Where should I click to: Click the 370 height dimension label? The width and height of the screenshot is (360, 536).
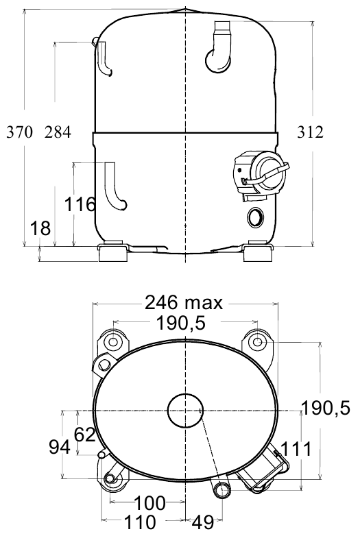(20, 132)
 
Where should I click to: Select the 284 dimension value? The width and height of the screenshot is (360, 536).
(58, 132)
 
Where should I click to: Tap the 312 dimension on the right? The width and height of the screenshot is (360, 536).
(310, 132)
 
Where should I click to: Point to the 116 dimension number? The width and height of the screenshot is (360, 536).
(80, 204)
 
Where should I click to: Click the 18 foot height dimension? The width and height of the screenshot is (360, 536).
(40, 228)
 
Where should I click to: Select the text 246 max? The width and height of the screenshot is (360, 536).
(184, 302)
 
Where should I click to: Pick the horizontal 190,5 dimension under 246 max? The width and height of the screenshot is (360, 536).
(181, 323)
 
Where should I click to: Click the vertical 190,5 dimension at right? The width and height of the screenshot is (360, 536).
(326, 408)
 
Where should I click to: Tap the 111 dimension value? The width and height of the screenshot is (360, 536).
(296, 449)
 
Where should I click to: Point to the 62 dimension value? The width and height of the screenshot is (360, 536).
(85, 435)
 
